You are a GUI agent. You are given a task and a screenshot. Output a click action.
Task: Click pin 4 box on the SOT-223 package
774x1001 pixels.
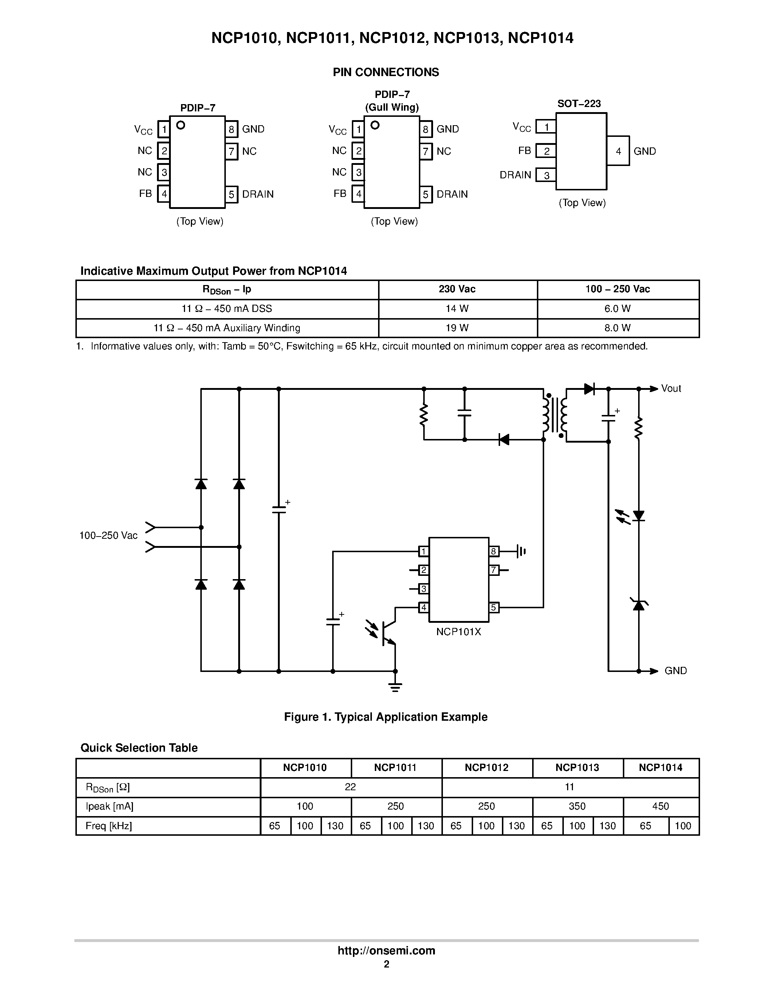(618, 151)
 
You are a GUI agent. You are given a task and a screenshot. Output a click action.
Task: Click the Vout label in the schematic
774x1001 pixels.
(671, 389)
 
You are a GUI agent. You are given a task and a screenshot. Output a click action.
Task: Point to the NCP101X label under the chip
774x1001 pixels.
(459, 632)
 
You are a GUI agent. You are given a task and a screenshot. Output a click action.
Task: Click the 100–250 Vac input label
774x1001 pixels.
(108, 535)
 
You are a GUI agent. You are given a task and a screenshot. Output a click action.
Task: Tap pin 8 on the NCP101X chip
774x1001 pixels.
(494, 551)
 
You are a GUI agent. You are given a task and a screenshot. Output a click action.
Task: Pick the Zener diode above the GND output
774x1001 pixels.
(638, 605)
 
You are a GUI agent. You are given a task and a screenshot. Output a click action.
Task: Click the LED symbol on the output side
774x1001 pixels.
(638, 516)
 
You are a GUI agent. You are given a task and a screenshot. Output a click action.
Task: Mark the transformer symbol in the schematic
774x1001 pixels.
(555, 415)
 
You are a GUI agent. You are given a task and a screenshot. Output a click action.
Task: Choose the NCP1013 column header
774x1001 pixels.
(577, 768)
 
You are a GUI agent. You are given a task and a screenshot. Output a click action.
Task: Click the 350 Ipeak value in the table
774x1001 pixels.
(577, 806)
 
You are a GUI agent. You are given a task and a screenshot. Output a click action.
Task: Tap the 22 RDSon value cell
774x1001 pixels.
(350, 787)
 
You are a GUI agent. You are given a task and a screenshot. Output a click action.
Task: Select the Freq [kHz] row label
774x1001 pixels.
(109, 826)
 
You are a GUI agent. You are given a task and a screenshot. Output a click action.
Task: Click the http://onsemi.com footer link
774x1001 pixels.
(386, 950)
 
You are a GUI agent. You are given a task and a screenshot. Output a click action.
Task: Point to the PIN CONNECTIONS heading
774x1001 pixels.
(386, 72)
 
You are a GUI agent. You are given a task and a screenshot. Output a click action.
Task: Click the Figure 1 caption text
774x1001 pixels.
(386, 717)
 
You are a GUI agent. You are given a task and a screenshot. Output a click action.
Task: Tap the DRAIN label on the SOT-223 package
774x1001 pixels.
(515, 175)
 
